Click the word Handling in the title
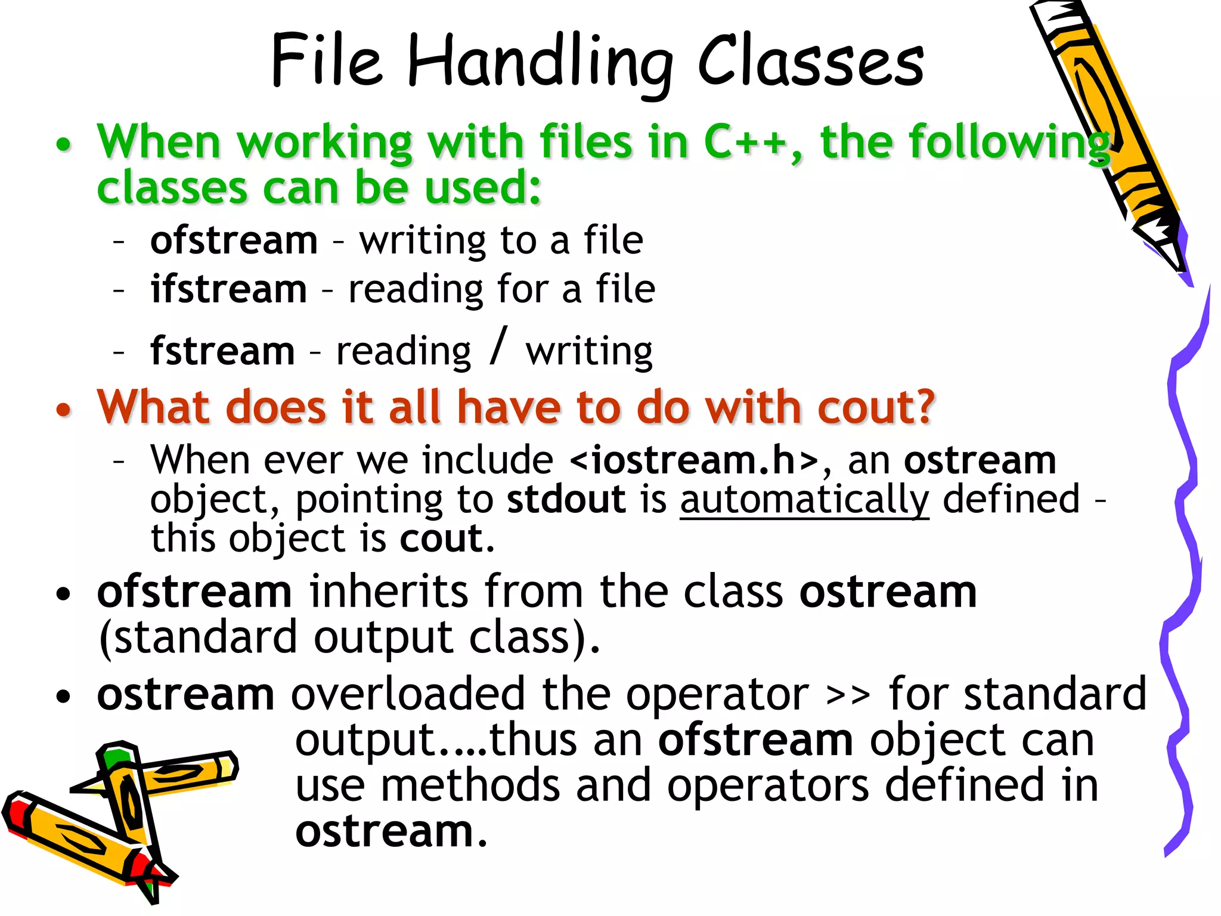point(540,63)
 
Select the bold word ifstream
point(228,289)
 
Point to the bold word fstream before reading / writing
point(222,351)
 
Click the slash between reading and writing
point(498,345)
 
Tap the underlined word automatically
point(804,500)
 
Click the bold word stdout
point(566,500)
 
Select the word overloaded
point(408,695)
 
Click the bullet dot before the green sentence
point(63,144)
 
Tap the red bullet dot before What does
point(63,410)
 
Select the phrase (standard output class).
point(349,638)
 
